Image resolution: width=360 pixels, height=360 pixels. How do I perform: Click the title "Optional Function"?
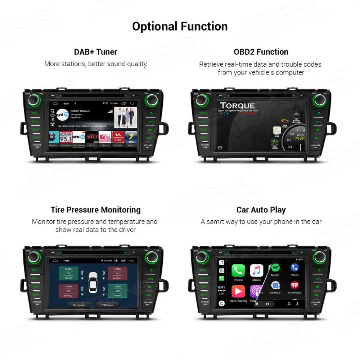click(180, 26)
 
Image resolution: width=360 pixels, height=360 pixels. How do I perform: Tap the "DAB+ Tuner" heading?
click(95, 52)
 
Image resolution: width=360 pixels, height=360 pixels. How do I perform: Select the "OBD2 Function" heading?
click(261, 52)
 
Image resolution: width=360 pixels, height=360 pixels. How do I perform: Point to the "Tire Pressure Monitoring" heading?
click(95, 210)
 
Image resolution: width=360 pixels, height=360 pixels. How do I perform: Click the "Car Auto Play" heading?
click(261, 210)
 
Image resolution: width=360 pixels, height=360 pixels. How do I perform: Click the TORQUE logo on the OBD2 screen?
click(238, 106)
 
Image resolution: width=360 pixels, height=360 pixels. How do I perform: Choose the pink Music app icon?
click(257, 270)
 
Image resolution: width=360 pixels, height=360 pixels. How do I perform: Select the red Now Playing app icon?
click(238, 292)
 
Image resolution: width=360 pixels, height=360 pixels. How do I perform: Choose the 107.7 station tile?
click(91, 137)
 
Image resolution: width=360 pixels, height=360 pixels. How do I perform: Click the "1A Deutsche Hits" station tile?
click(118, 137)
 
